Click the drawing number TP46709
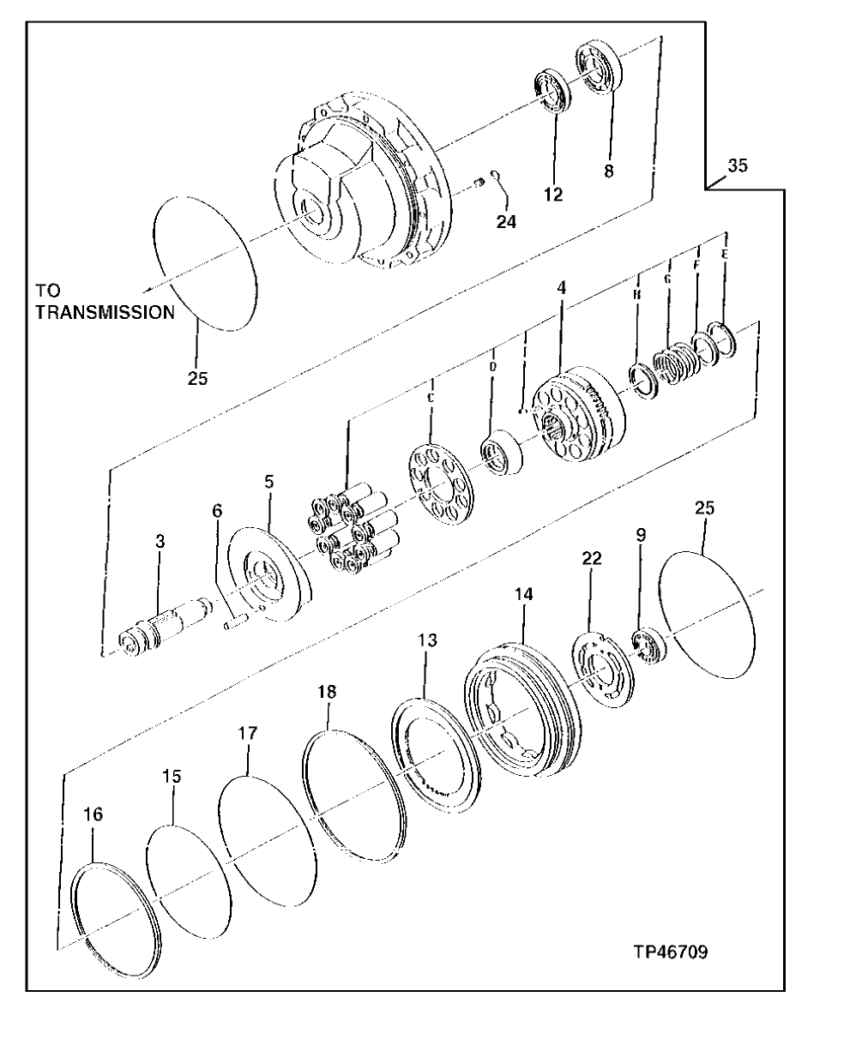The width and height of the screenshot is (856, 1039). [x=670, y=952]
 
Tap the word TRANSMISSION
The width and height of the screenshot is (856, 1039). [x=104, y=313]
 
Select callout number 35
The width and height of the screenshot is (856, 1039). [x=737, y=166]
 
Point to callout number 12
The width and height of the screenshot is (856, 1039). [x=553, y=195]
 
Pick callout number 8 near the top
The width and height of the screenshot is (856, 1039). [x=608, y=171]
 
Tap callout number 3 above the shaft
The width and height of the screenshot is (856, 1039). [x=160, y=542]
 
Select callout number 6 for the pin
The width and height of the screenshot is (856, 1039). [x=218, y=510]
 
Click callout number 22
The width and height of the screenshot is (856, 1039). [x=592, y=558]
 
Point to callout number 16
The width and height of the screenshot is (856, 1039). [x=93, y=814]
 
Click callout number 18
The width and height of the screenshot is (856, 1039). [x=326, y=692]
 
